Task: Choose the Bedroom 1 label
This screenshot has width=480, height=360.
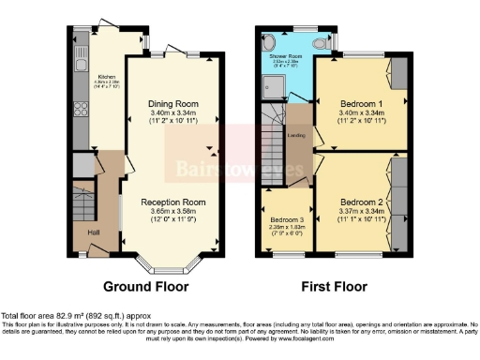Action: (x=359, y=103)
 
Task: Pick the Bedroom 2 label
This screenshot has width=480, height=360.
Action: (x=359, y=202)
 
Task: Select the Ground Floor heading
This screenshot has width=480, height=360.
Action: (x=145, y=286)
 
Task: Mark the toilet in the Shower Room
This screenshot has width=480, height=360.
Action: (x=321, y=43)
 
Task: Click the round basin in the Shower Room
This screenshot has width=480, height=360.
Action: (x=270, y=42)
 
